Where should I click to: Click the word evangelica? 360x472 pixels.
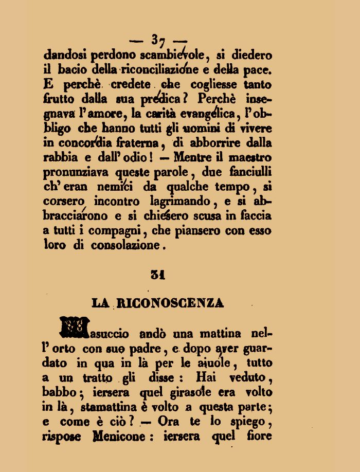click(210, 113)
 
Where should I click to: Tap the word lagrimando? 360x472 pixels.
click(179, 201)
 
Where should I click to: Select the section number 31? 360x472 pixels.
click(157, 275)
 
